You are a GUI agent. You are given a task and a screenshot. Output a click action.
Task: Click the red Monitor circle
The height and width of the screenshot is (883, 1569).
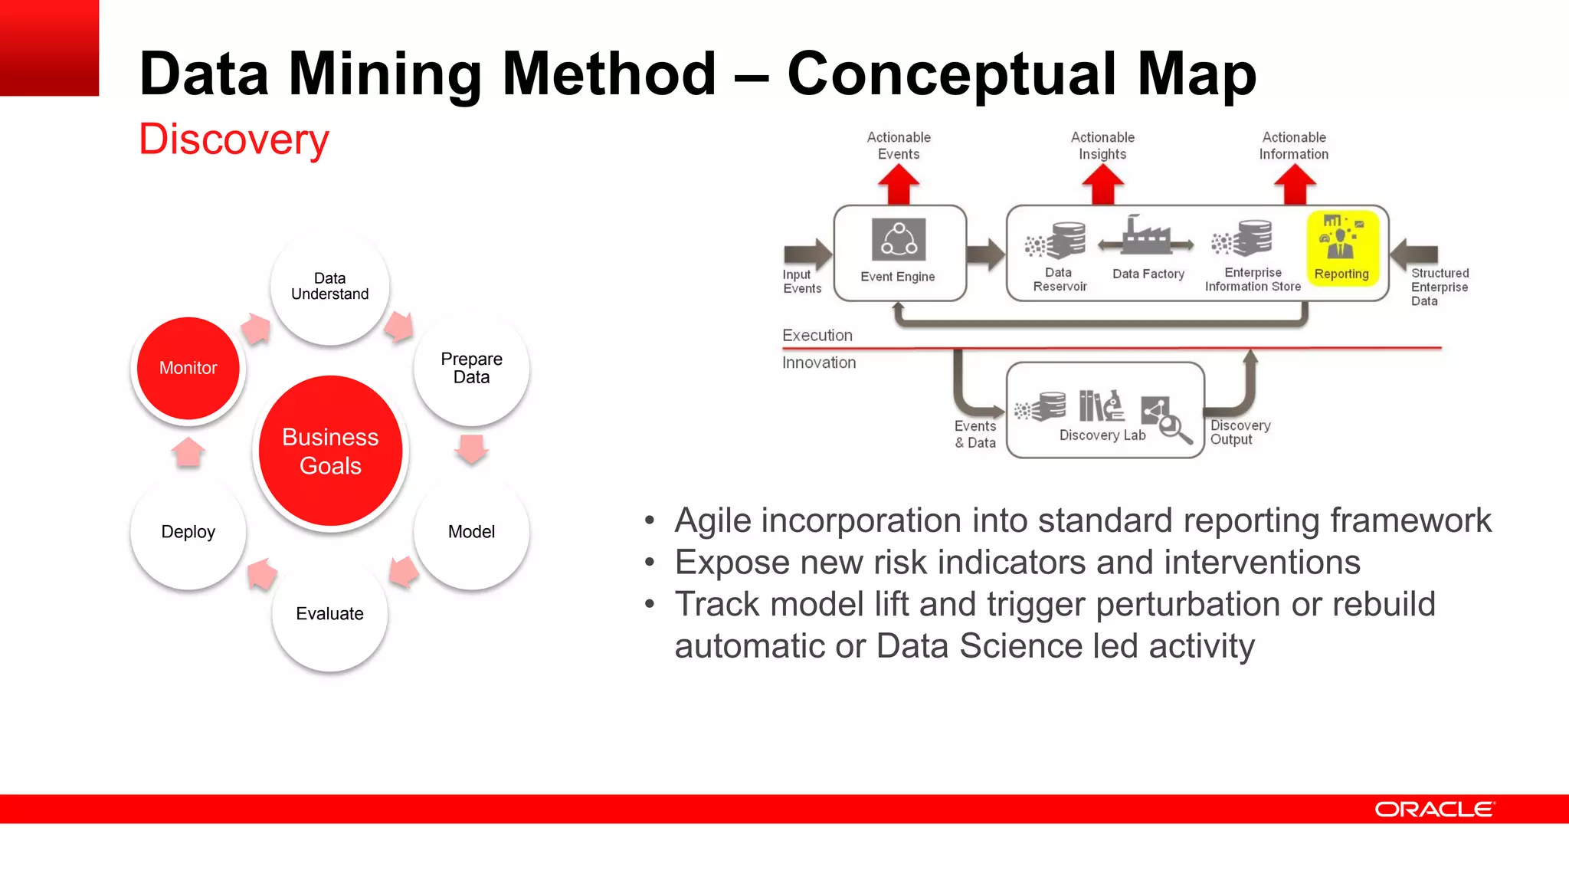coord(188,369)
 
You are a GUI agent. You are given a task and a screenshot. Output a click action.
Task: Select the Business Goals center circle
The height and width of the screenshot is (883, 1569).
coord(330,451)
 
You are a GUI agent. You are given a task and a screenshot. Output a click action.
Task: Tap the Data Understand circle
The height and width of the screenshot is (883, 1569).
coord(329,287)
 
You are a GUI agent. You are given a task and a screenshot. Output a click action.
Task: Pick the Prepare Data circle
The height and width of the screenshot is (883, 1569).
coord(471,369)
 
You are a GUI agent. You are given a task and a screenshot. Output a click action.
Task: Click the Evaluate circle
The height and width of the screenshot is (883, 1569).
coord(329,614)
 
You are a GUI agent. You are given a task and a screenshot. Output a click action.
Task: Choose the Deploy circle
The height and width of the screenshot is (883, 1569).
coord(188,532)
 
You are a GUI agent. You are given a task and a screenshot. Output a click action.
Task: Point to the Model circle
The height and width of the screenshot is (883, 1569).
coord(471,532)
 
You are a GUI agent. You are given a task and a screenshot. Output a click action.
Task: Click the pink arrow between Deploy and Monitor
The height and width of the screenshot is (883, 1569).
coord(188,452)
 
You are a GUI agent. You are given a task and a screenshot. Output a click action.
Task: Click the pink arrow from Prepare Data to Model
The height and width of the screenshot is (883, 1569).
coord(471,448)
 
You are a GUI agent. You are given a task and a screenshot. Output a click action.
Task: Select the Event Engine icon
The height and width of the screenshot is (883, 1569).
coord(899,240)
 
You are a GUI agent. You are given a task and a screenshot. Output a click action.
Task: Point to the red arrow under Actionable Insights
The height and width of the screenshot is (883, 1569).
coord(1102,185)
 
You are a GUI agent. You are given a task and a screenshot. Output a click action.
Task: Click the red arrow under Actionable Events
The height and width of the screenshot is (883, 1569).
coord(898,185)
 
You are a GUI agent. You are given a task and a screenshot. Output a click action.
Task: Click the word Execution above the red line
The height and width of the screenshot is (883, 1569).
coord(817,336)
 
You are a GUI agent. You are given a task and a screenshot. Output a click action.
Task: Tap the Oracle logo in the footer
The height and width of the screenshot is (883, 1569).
coord(1433,809)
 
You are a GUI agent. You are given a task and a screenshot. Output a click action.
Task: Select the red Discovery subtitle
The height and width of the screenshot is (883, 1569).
coord(234,140)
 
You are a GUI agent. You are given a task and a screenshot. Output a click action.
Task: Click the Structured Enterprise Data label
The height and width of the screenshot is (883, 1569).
coord(1439,287)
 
